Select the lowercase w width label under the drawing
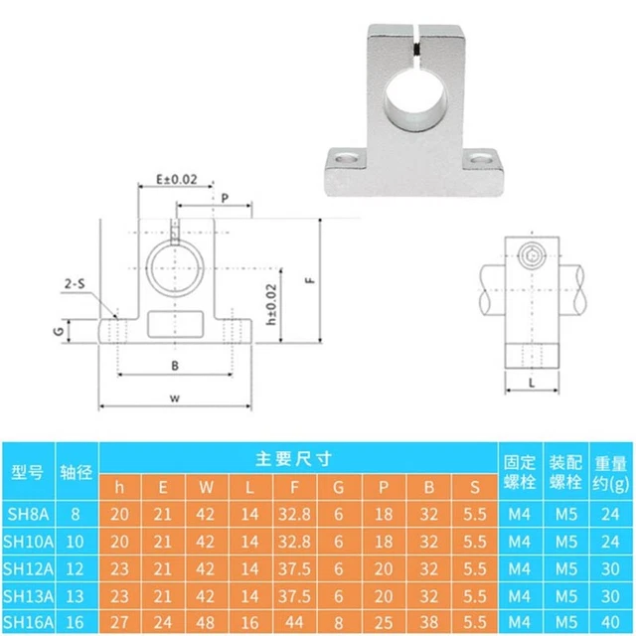(174, 398)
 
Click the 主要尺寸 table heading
(294, 458)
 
